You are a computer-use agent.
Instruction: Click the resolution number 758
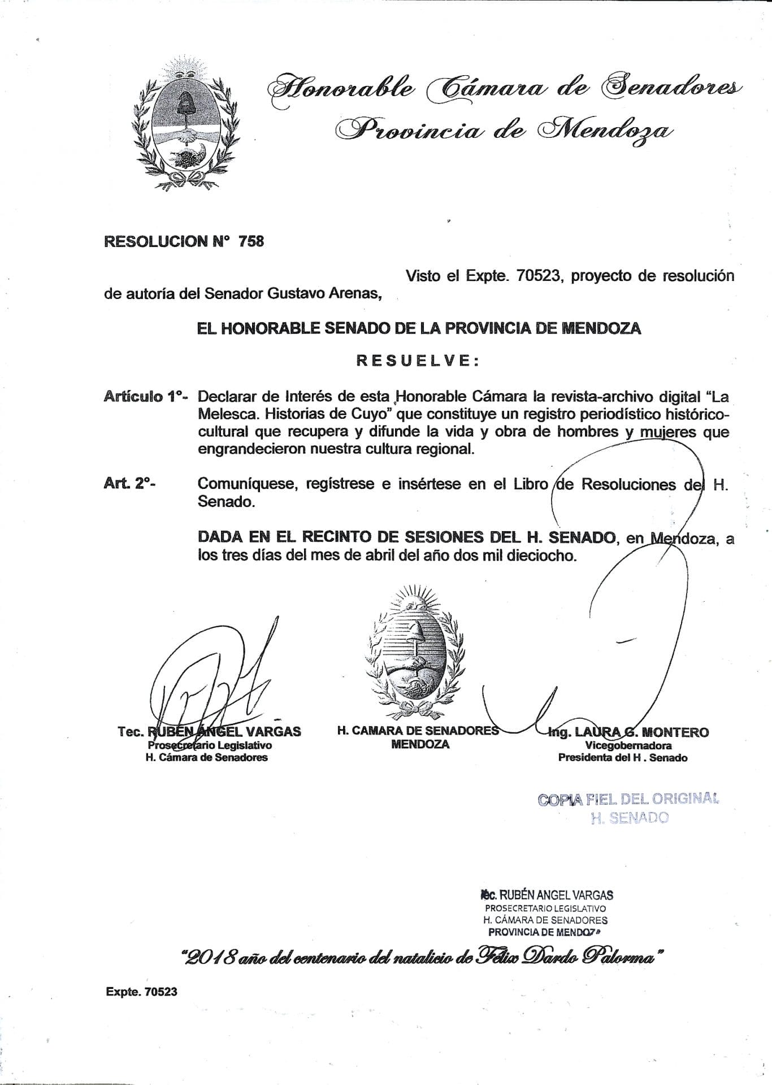pos(251,241)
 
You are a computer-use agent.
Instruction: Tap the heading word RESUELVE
pos(418,361)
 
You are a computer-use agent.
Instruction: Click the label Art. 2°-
pos(129,483)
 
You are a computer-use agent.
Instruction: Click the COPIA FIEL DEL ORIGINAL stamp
pos(628,799)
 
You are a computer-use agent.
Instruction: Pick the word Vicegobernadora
pos(628,745)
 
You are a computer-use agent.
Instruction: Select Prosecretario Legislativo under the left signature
pos(210,745)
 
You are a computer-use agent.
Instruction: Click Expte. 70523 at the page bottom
pos(141,991)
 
